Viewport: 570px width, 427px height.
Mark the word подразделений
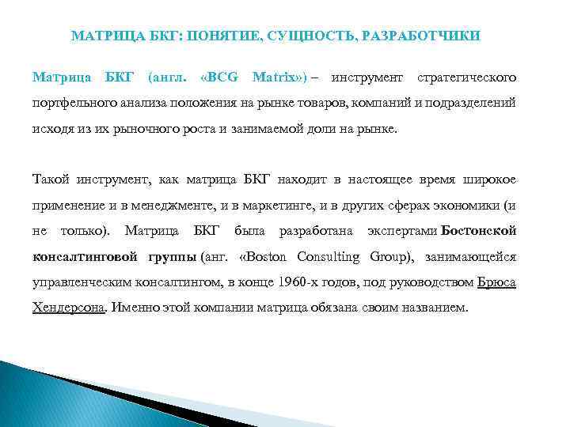point(475,103)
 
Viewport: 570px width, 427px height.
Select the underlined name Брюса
point(497,282)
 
